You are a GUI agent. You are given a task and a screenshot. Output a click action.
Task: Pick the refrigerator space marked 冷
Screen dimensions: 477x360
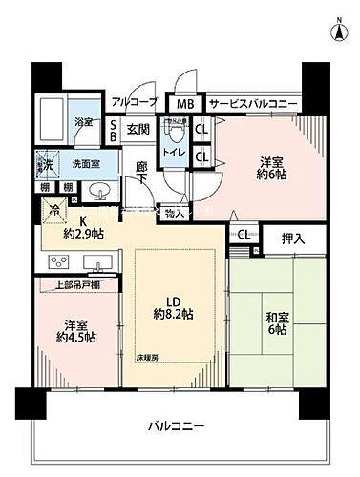[53, 212]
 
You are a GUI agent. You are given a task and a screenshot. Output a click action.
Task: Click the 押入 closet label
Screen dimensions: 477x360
[293, 238]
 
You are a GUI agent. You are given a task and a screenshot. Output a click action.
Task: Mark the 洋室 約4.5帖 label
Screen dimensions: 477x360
[68, 328]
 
